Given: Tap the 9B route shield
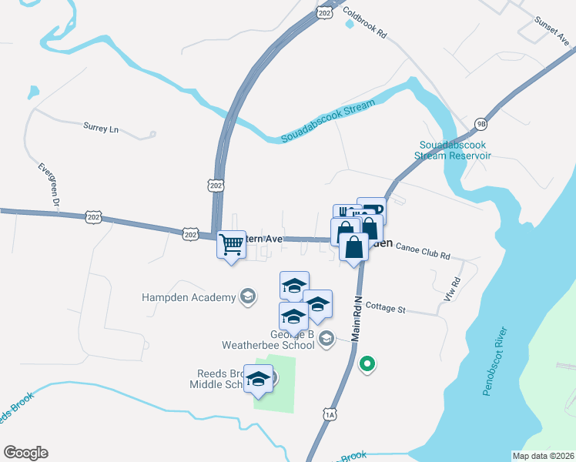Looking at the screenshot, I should pos(481,123).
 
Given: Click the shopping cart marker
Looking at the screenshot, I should pos(231,245).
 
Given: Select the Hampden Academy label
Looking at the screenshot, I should pos(188,297).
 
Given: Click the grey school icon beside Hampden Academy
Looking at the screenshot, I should pos(248,296).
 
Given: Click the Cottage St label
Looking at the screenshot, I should pos(385,309).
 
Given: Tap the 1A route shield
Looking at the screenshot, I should pos(330,415).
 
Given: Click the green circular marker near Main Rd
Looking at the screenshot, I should pos(368,364).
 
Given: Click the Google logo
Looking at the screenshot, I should pos(25,453).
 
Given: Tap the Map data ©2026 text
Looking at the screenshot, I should pos(542,456).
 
